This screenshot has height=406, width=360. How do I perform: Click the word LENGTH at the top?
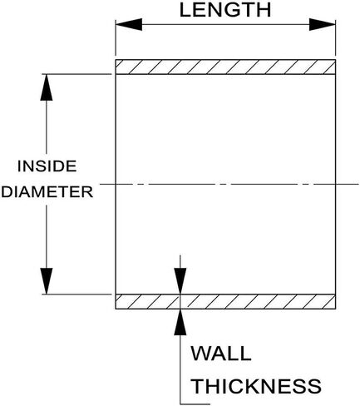(x=225, y=10)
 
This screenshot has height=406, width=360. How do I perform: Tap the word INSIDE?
(x=47, y=166)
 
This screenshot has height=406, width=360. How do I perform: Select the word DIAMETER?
(x=47, y=192)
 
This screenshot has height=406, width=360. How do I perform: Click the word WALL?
(x=221, y=354)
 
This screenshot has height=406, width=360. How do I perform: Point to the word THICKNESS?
(x=257, y=386)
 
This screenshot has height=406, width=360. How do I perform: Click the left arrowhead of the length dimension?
(x=129, y=25)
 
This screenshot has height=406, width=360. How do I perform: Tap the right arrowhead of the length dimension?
(x=323, y=25)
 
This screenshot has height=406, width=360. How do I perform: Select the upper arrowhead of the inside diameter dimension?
(x=47, y=87)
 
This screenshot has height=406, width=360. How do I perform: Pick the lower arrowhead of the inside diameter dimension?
(x=47, y=281)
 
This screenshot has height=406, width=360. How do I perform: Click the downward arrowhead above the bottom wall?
(x=180, y=280)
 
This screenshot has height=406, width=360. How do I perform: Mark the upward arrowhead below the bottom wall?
(x=180, y=322)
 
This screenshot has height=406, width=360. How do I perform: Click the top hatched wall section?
(x=225, y=67)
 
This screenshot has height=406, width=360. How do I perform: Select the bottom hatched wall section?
(x=225, y=301)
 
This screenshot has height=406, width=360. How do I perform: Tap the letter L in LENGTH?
(x=185, y=10)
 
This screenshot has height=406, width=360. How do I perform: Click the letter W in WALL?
(x=200, y=354)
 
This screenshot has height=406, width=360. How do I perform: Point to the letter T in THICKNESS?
(x=198, y=386)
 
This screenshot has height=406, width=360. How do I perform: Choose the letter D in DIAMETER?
(x=7, y=192)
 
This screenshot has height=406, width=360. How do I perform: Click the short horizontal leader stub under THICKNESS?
(x=195, y=404)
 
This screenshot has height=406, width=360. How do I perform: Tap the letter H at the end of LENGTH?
(x=264, y=10)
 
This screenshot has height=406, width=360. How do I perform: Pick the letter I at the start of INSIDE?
(x=19, y=166)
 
